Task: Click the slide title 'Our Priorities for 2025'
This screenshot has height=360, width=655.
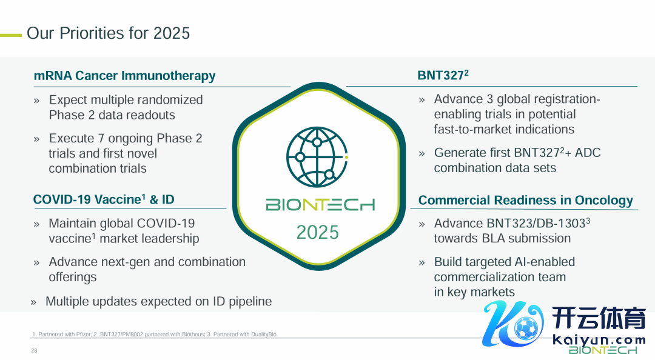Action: pyautogui.click(x=108, y=33)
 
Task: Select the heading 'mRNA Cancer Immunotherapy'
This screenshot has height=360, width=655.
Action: pyautogui.click(x=124, y=76)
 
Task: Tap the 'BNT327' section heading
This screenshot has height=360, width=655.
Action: pyautogui.click(x=443, y=75)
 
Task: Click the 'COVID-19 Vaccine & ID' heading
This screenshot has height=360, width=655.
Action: pyautogui.click(x=104, y=199)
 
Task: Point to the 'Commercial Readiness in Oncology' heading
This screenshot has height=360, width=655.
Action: pyautogui.click(x=525, y=201)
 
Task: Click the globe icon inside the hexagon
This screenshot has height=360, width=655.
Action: pyautogui.click(x=317, y=157)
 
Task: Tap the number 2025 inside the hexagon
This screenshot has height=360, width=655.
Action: pyautogui.click(x=317, y=232)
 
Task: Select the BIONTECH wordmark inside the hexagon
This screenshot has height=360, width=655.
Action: pyautogui.click(x=320, y=205)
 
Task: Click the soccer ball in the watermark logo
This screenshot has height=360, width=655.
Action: pyautogui.click(x=526, y=328)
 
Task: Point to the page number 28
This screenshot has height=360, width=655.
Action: pyautogui.click(x=34, y=351)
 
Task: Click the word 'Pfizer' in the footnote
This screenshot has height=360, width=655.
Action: pyautogui.click(x=83, y=335)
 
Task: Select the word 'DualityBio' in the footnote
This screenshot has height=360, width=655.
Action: pyautogui.click(x=264, y=335)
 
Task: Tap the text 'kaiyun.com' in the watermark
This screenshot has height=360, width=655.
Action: pyautogui.click(x=599, y=339)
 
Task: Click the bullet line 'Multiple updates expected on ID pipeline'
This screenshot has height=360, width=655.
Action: pyautogui.click(x=158, y=302)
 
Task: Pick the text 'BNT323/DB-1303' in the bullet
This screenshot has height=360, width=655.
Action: pyautogui.click(x=536, y=224)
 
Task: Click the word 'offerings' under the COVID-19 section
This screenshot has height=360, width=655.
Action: pyautogui.click(x=73, y=278)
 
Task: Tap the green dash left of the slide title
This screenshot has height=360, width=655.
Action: pyautogui.click(x=11, y=36)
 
